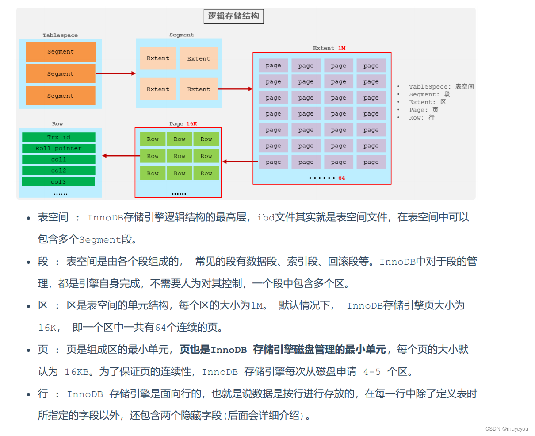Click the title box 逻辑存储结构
coord(233,16)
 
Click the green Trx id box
coord(59,137)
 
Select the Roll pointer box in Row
coord(59,148)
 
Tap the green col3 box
coord(58,182)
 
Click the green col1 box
coord(59,159)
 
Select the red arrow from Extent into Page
coord(240,162)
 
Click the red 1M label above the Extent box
coord(341,48)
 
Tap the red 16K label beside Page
coord(191,124)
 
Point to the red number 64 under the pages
coord(341,178)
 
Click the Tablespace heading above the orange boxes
coord(60,35)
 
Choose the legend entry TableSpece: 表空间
coord(441,87)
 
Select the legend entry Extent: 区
coord(427,102)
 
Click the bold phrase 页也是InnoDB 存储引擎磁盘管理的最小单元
coord(283,350)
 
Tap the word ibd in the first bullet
coord(266,217)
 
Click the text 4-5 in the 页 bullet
coord(372,372)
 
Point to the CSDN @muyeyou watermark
coord(506,429)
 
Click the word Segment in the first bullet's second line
coord(100,239)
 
